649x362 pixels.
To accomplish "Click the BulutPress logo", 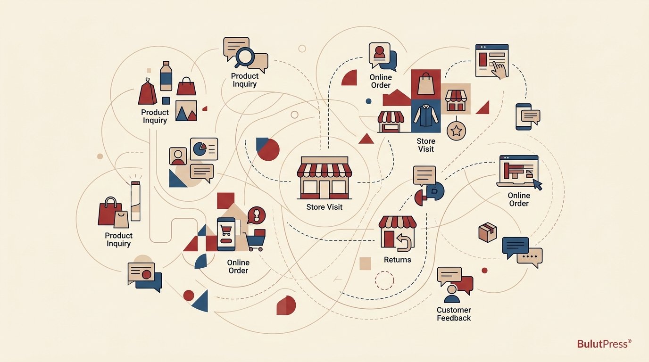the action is coord(604,344).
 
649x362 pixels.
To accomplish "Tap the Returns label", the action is coord(397,260).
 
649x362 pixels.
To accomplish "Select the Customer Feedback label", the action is coord(454,314).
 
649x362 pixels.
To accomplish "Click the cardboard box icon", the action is coord(487,232).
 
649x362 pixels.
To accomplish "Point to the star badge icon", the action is coord(457,131).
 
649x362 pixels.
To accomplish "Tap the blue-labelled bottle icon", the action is coord(166,76).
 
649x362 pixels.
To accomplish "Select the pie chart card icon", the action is coord(204,149).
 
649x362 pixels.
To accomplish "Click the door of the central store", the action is coord(324,189).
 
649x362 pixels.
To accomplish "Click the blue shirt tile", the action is coord(425,116).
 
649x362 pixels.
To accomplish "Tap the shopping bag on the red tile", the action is coord(426,84).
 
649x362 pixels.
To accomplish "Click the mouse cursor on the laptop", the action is coord(538,184).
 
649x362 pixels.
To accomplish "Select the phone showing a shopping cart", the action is coord(226,234).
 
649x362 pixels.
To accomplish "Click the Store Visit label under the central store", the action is coord(324,207).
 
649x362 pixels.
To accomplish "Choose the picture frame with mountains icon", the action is coord(186,111).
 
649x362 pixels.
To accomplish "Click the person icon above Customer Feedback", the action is coord(452,294).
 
